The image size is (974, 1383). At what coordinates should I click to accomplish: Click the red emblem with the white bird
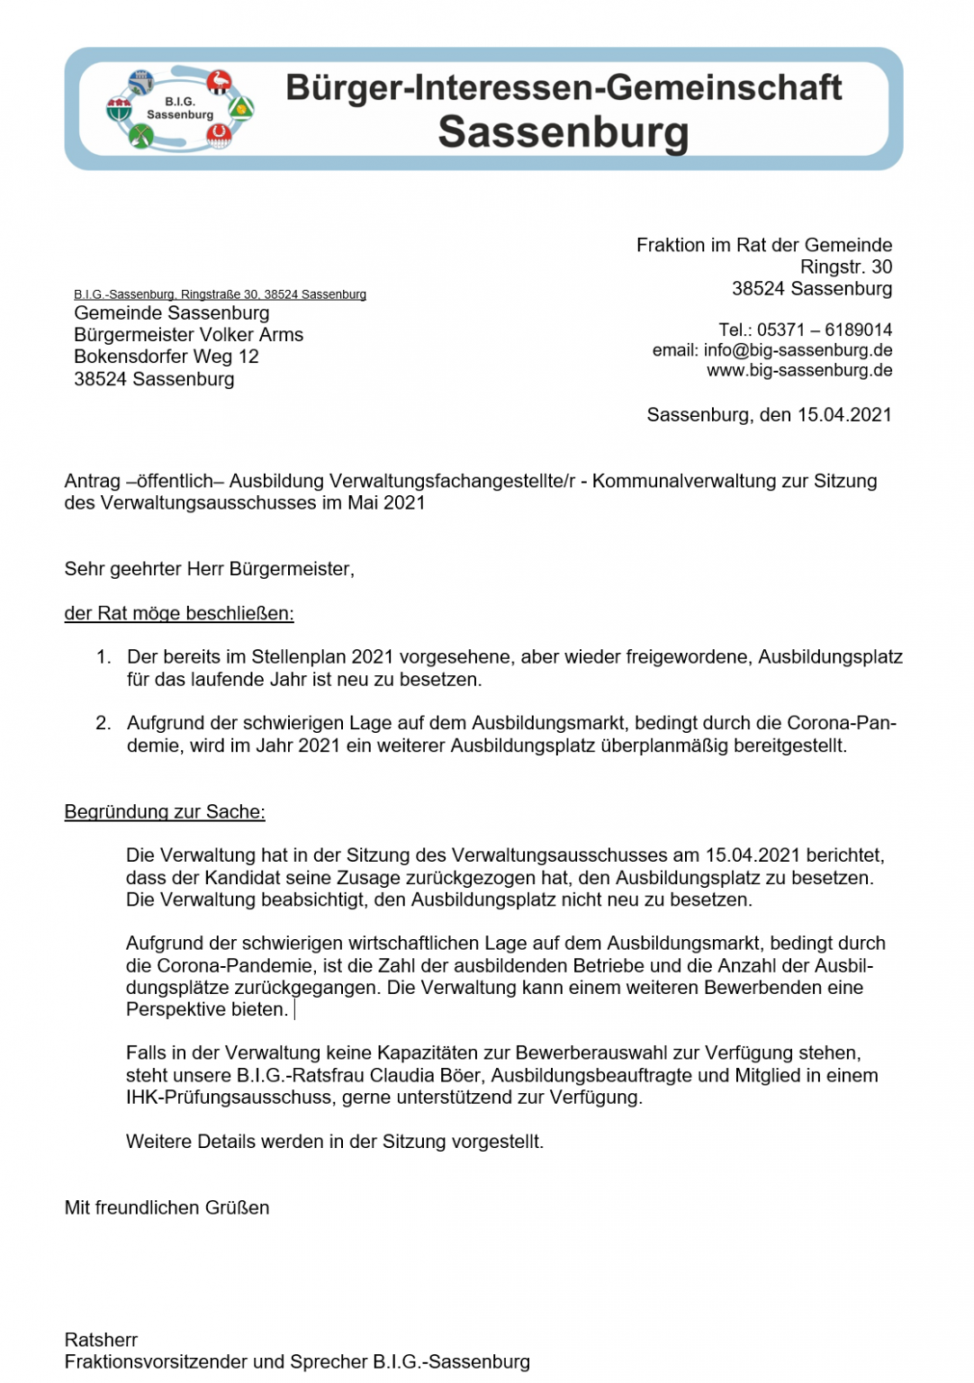tap(219, 82)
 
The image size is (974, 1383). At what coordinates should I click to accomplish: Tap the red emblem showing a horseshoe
tap(218, 136)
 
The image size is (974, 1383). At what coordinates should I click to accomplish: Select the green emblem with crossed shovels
tap(141, 137)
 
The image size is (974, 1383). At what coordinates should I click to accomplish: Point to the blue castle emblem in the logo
tap(141, 82)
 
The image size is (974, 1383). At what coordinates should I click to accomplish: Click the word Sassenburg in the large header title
tap(563, 132)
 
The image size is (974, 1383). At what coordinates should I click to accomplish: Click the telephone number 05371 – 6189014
tap(825, 330)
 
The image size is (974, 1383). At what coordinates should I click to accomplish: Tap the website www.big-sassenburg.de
tap(798, 370)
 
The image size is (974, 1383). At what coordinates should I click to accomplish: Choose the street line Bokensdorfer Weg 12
tap(167, 357)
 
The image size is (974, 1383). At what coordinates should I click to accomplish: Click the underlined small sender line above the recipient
tap(220, 294)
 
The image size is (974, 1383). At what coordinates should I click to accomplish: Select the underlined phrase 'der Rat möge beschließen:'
tap(179, 614)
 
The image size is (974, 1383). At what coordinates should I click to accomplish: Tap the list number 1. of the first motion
tap(104, 657)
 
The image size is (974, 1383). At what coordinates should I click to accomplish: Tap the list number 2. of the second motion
tap(104, 723)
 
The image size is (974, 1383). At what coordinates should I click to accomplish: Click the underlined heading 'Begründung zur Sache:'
tap(165, 812)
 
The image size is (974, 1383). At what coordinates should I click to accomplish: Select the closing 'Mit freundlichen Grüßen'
tap(167, 1208)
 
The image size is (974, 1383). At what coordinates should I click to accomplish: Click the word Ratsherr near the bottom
tap(101, 1340)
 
